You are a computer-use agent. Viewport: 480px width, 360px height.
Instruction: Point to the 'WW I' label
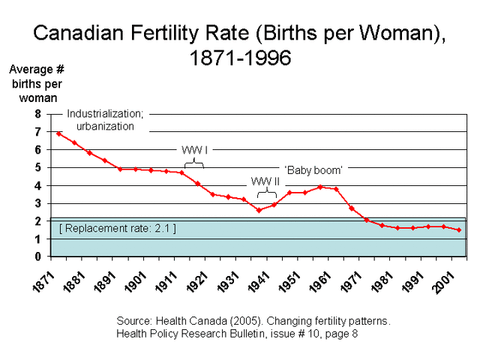pyautogui.click(x=194, y=149)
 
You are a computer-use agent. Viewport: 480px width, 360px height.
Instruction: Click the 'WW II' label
pyautogui.click(x=265, y=181)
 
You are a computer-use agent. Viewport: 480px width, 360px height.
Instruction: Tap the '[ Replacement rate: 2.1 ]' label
pyautogui.click(x=117, y=227)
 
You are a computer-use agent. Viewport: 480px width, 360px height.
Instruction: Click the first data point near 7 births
pyautogui.click(x=58, y=133)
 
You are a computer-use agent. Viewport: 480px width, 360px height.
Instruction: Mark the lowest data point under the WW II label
pyautogui.click(x=259, y=210)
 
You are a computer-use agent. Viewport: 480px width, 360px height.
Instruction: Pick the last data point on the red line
pyautogui.click(x=459, y=229)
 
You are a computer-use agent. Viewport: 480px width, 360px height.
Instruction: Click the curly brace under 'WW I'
pyautogui.click(x=194, y=160)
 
